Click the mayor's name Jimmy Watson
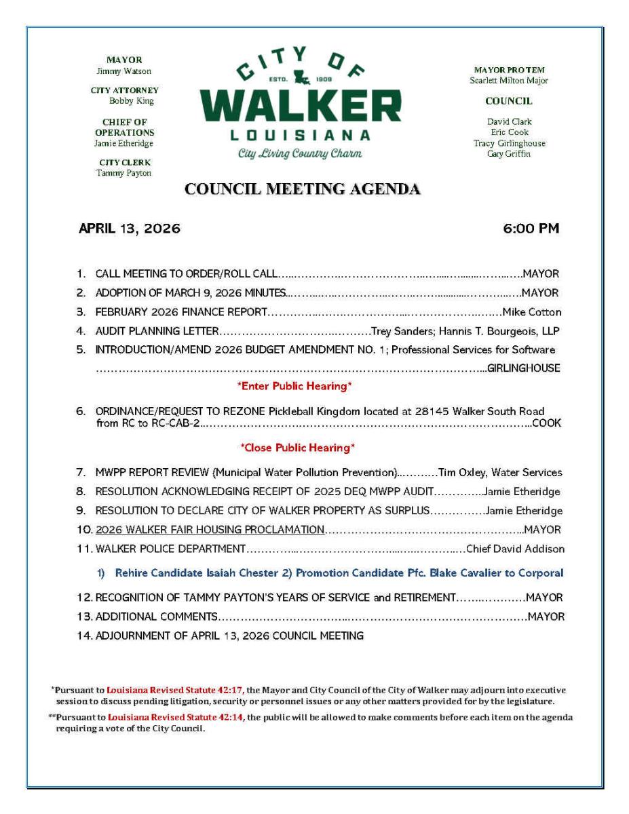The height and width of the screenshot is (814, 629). (123, 71)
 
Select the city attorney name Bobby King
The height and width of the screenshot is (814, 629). (131, 101)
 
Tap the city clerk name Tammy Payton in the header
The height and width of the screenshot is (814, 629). (123, 173)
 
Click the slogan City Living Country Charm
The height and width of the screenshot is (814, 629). (299, 153)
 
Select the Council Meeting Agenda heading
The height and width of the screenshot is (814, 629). (302, 189)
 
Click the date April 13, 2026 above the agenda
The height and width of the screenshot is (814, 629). (130, 229)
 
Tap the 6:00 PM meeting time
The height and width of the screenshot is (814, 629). (531, 229)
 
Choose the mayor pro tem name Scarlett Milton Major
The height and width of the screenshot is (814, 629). (509, 81)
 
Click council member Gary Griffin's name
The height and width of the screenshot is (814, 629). (509, 154)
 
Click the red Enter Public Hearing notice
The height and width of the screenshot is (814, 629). (294, 387)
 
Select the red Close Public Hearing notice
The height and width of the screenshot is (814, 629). (297, 448)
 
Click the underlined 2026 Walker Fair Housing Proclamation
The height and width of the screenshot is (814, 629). (210, 530)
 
